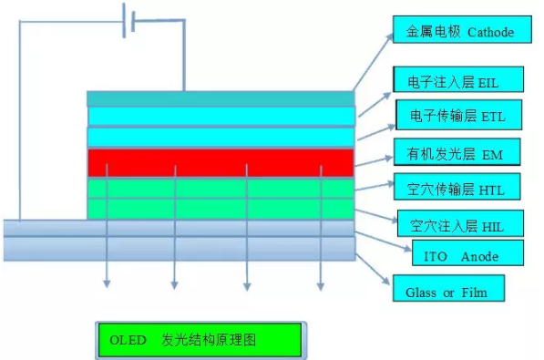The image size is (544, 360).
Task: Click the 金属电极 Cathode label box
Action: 459,31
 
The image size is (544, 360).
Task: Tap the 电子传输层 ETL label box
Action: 458,116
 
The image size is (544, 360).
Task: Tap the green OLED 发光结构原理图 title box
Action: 199,340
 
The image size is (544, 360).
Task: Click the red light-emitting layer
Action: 220,162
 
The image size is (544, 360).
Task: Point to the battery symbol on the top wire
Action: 128,20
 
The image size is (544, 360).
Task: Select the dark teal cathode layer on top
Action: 220,98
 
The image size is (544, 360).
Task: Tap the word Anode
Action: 479,256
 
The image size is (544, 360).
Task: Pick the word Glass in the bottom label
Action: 409,293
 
